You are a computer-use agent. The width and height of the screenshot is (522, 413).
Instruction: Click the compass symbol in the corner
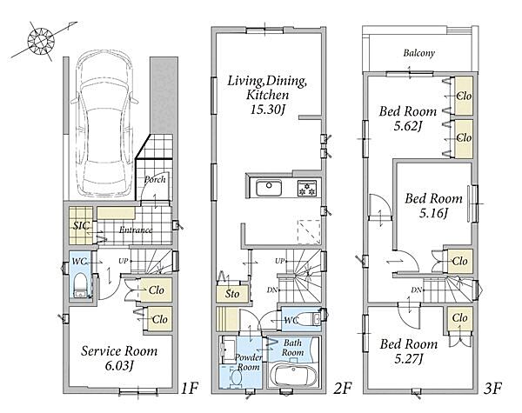pyautogui.click(x=41, y=41)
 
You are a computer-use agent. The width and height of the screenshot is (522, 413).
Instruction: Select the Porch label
pyautogui.click(x=155, y=180)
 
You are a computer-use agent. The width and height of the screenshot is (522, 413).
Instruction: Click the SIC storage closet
pyautogui.click(x=81, y=226)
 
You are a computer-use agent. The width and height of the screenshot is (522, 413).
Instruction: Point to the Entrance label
pyautogui.click(x=136, y=230)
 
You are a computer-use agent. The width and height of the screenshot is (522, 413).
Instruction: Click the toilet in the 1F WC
pyautogui.click(x=79, y=285)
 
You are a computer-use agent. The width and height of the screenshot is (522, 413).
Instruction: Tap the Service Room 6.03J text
pyautogui.click(x=119, y=358)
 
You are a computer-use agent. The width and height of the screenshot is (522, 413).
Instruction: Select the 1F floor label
pyautogui.click(x=190, y=388)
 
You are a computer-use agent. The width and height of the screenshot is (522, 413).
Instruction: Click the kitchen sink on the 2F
pyautogui.click(x=269, y=188)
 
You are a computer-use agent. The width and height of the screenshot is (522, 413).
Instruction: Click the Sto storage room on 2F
pyautogui.click(x=232, y=294)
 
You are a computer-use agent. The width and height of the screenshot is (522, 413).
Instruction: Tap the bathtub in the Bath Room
pyautogui.click(x=292, y=375)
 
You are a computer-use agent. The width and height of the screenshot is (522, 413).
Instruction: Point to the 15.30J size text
pyautogui.click(x=267, y=110)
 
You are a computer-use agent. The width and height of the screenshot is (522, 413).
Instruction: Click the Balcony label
pyautogui.click(x=419, y=52)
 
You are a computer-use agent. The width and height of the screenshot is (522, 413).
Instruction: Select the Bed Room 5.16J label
pyautogui.click(x=433, y=206)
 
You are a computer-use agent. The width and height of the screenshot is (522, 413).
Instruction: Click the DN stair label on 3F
pyautogui.click(x=416, y=290)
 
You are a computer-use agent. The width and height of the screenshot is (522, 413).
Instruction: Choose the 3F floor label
pyautogui.click(x=492, y=388)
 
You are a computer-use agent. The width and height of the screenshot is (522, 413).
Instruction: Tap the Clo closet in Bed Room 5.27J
pyautogui.click(x=459, y=318)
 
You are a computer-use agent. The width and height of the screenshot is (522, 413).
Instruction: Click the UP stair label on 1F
pyautogui.click(x=124, y=261)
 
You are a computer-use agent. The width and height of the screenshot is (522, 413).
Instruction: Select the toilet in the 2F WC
pyautogui.click(x=310, y=319)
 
